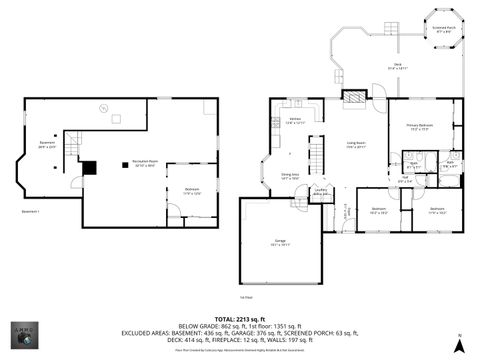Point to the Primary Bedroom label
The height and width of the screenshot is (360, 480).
[418, 125]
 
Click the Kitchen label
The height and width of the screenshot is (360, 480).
[296, 120]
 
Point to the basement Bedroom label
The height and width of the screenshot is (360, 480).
[191, 190]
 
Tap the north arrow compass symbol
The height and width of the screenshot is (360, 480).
[457, 345]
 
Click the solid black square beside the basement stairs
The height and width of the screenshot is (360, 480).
[89, 168]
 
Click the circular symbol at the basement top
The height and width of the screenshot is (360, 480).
[101, 107]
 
